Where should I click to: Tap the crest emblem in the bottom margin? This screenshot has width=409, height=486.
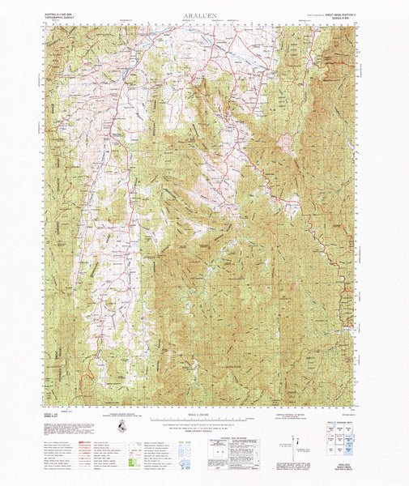121,426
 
